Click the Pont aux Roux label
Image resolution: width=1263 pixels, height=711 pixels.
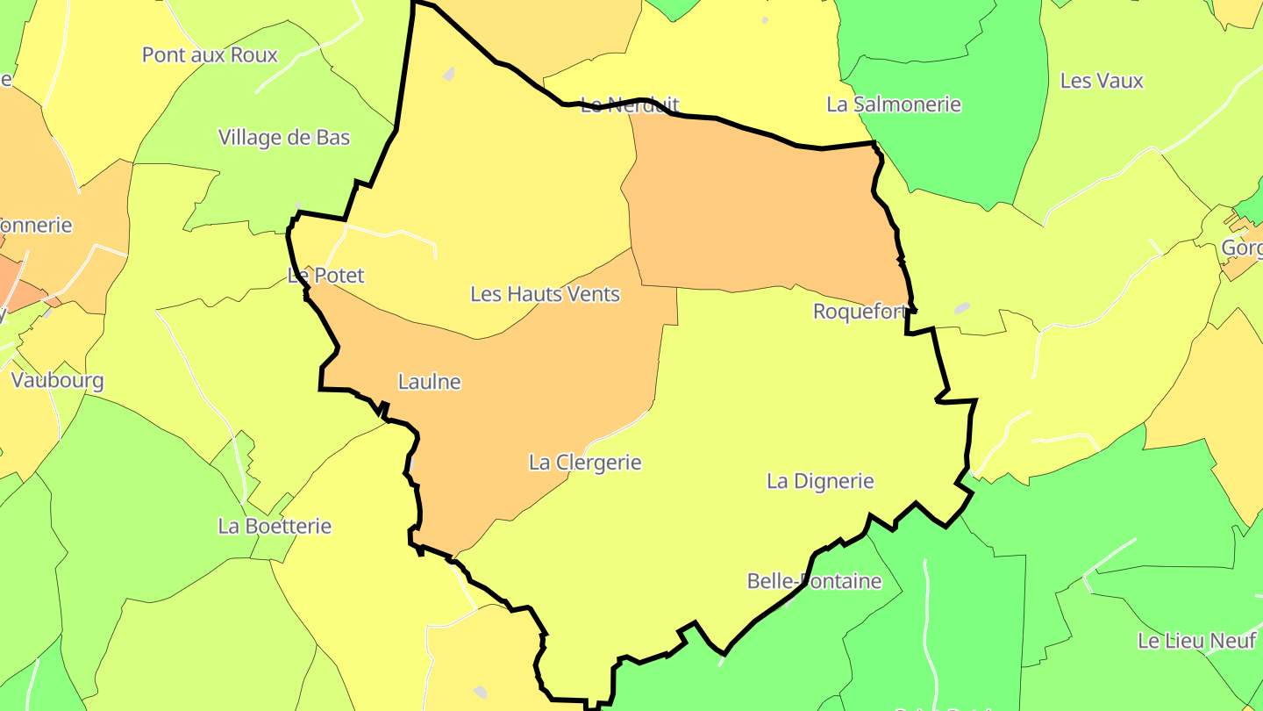pyautogui.click(x=210, y=55)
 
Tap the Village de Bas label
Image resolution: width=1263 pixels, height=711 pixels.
pyautogui.click(x=284, y=138)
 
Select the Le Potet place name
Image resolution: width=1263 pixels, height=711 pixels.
pyautogui.click(x=325, y=276)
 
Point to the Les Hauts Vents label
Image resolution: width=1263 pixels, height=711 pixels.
pyautogui.click(x=545, y=294)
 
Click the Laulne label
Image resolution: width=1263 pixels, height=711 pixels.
pyautogui.click(x=429, y=382)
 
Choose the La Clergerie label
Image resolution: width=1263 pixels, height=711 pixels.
pyautogui.click(x=585, y=463)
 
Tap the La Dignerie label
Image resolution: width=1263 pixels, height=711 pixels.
pyautogui.click(x=820, y=481)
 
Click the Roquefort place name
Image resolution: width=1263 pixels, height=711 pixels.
pyautogui.click(x=860, y=312)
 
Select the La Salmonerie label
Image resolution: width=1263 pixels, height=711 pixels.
pyautogui.click(x=894, y=104)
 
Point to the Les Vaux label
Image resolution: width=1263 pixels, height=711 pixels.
pyautogui.click(x=1102, y=81)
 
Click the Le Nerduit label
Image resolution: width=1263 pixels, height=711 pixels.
pyautogui.click(x=630, y=106)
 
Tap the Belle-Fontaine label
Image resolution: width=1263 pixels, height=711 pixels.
pyautogui.click(x=814, y=581)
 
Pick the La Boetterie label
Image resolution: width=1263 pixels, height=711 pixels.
pyautogui.click(x=275, y=527)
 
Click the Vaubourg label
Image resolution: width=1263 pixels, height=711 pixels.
pyautogui.click(x=57, y=381)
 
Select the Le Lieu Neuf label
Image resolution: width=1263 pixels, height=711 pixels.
pyautogui.click(x=1196, y=641)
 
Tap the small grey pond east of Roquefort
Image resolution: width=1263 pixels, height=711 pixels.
pyautogui.click(x=962, y=308)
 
